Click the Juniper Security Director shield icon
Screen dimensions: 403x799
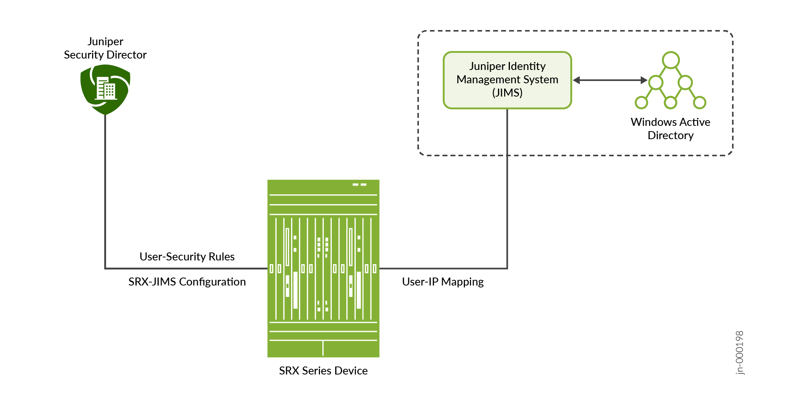pos(105,90)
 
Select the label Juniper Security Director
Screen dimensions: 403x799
pos(105,48)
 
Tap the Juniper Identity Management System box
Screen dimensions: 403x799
pos(507,80)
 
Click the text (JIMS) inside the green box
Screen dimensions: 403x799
pos(507,93)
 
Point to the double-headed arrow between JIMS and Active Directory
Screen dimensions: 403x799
pos(610,80)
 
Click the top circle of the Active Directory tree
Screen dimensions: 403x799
pos(670,60)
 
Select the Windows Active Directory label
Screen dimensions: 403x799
pos(670,129)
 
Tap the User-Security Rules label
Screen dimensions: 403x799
pos(187,257)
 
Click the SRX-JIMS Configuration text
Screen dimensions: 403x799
pos(187,282)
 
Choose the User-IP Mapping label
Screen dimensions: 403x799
pos(442,282)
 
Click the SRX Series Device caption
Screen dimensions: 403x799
pos(323,371)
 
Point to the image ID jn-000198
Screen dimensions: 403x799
pos(739,353)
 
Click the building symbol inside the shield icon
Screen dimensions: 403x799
pos(106,89)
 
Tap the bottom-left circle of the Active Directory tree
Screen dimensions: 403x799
pos(641,103)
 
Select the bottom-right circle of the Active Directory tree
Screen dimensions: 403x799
pos(700,102)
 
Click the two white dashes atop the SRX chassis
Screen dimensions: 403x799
pos(359,185)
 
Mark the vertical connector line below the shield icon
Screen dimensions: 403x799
pos(105,190)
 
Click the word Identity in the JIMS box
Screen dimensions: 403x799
pos(527,66)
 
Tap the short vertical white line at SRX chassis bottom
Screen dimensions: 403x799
pos(323,348)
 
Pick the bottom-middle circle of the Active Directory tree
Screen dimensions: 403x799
pos(670,103)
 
